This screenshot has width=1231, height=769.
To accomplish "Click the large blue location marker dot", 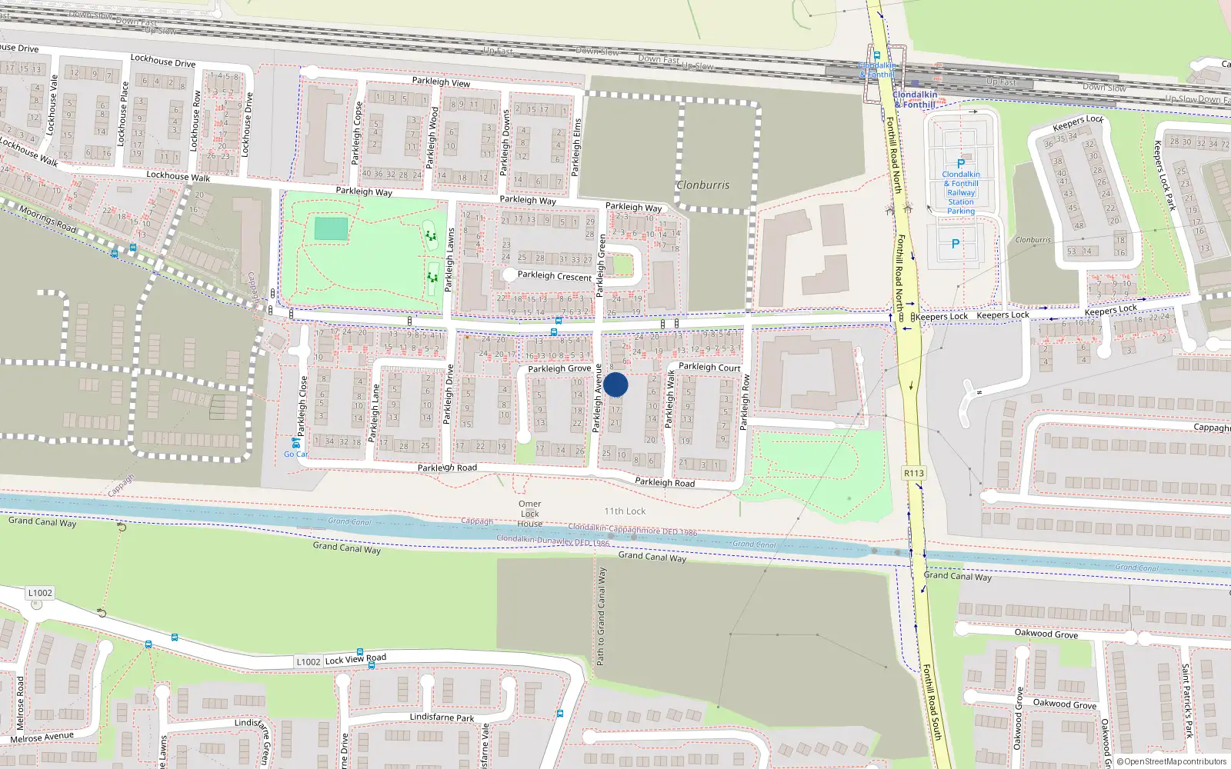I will pyautogui.click(x=615, y=384).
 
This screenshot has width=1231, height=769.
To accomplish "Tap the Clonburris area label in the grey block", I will pyautogui.click(x=702, y=185).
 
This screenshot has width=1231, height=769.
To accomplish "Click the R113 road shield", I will pyautogui.click(x=914, y=473).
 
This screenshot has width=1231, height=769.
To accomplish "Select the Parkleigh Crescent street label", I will pyautogui.click(x=555, y=275).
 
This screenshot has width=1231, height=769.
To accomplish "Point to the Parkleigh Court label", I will pyautogui.click(x=709, y=367).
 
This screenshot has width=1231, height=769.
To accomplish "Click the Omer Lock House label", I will pyautogui.click(x=530, y=514).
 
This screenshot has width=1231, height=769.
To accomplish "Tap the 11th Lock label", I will pyautogui.click(x=625, y=511).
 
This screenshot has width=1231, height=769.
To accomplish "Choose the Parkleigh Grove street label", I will pyautogui.click(x=559, y=368).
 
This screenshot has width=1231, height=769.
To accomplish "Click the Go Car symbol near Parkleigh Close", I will pyautogui.click(x=295, y=444).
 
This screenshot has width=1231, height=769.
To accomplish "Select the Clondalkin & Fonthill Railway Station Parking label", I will pyautogui.click(x=961, y=192).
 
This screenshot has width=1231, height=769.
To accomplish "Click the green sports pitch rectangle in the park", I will pyautogui.click(x=331, y=228).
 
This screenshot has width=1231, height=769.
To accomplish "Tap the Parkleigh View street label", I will pyautogui.click(x=441, y=82).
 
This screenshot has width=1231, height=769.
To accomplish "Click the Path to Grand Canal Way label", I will pyautogui.click(x=601, y=617).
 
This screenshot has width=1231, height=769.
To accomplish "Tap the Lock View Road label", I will pyautogui.click(x=355, y=659).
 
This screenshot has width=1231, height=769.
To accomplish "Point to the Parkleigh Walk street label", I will pyautogui.click(x=669, y=398).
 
